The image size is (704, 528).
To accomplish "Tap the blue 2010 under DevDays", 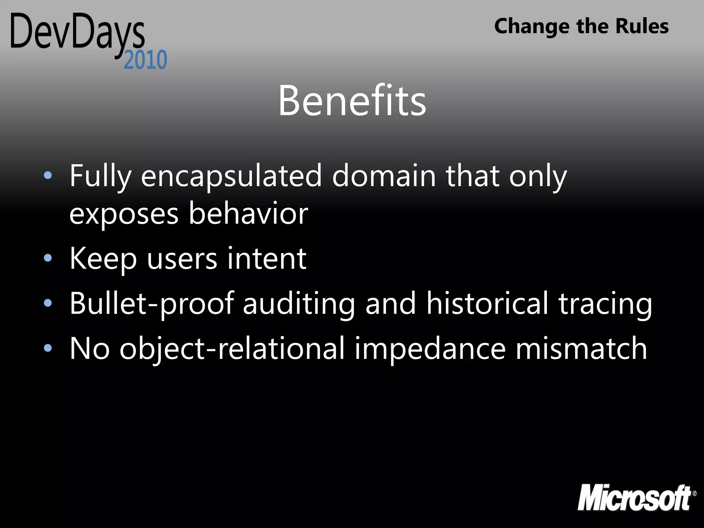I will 145,60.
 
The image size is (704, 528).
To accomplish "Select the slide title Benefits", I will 352,100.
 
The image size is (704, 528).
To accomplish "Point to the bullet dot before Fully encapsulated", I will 48,176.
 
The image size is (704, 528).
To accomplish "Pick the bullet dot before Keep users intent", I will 48,258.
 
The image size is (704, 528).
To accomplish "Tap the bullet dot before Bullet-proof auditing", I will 48,303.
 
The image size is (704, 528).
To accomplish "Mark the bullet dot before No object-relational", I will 48,348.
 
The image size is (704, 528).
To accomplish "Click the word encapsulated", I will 231,176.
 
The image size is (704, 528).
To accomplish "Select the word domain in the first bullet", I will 384,176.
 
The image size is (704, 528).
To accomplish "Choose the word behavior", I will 248,213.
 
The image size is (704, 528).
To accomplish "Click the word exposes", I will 124,215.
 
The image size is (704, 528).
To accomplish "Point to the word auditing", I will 299,304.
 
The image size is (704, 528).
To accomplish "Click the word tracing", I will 605,304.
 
